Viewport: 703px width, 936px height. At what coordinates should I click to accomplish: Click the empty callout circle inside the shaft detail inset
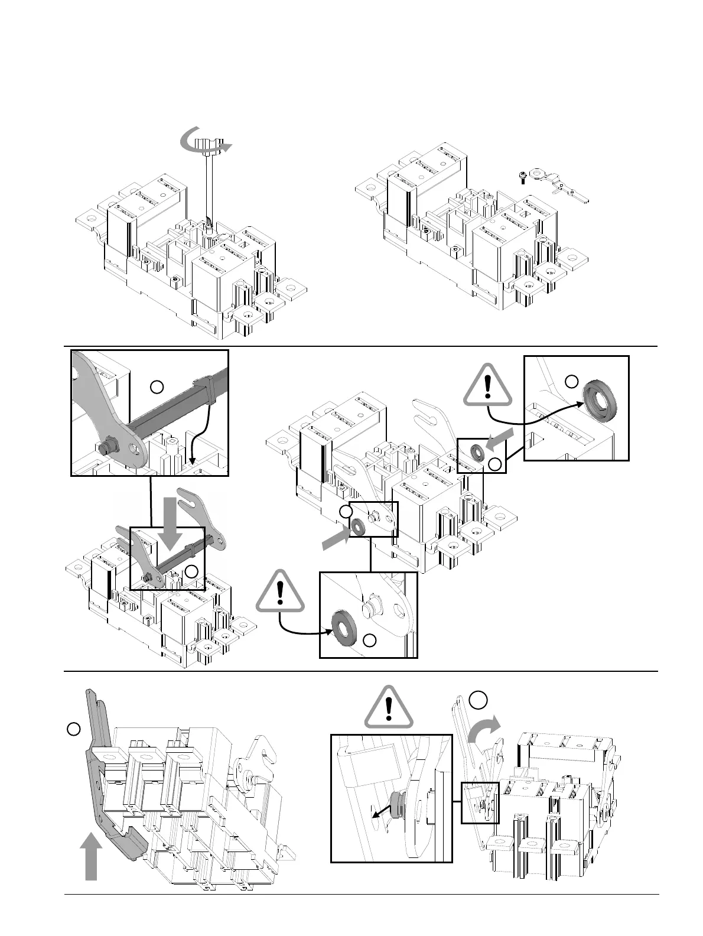pyautogui.click(x=157, y=387)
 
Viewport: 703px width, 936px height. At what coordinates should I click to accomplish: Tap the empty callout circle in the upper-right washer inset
pyautogui.click(x=571, y=381)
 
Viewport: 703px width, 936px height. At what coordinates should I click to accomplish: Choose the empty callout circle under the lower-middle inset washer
pyautogui.click(x=370, y=641)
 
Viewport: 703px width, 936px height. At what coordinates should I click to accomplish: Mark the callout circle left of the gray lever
pyautogui.click(x=73, y=729)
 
